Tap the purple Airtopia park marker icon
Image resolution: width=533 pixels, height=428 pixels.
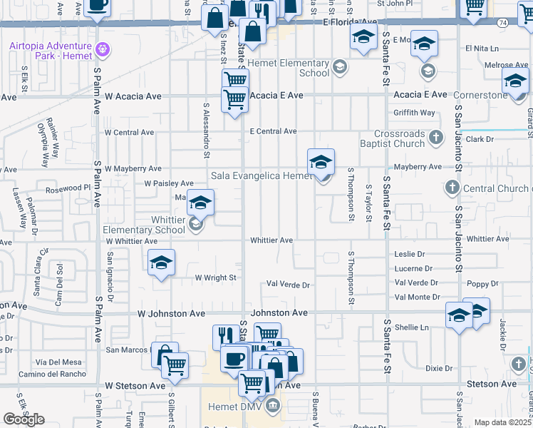(103, 49)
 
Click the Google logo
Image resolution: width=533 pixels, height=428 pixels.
(24, 419)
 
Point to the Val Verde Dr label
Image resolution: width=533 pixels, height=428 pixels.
(288, 285)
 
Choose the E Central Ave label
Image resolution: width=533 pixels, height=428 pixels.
(273, 131)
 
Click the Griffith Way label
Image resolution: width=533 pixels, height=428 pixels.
(414, 113)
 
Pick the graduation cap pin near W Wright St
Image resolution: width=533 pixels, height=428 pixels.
(162, 263)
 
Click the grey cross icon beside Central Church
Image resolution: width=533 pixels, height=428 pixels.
(451, 188)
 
